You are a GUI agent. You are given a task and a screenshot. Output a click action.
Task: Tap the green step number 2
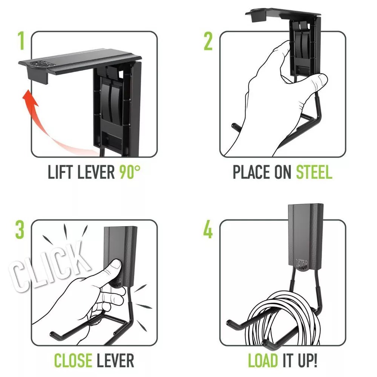[208, 41]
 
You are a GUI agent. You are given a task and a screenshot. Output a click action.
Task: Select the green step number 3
[20, 230]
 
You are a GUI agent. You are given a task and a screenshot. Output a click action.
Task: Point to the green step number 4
[208, 230]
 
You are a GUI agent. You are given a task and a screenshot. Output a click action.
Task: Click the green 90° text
[130, 172]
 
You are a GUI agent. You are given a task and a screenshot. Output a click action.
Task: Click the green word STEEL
[314, 172]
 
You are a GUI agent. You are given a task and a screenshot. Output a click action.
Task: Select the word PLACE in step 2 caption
[252, 172]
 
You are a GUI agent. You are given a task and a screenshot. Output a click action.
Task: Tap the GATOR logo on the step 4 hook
[301, 264]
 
